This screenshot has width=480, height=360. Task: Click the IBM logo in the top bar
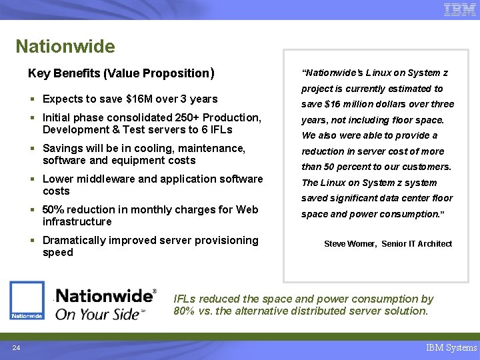coord(459,10)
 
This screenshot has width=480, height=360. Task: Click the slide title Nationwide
coord(65,47)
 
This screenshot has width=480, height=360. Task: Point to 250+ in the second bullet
coord(186,118)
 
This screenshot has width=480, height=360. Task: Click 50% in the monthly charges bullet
coord(55,210)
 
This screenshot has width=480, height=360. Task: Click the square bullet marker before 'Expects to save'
coord(33,99)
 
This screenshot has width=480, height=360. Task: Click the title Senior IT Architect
coord(417,244)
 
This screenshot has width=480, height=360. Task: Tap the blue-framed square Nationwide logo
coord(27,300)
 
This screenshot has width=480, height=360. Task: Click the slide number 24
coord(15,347)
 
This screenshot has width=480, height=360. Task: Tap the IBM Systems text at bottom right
coord(451,347)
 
